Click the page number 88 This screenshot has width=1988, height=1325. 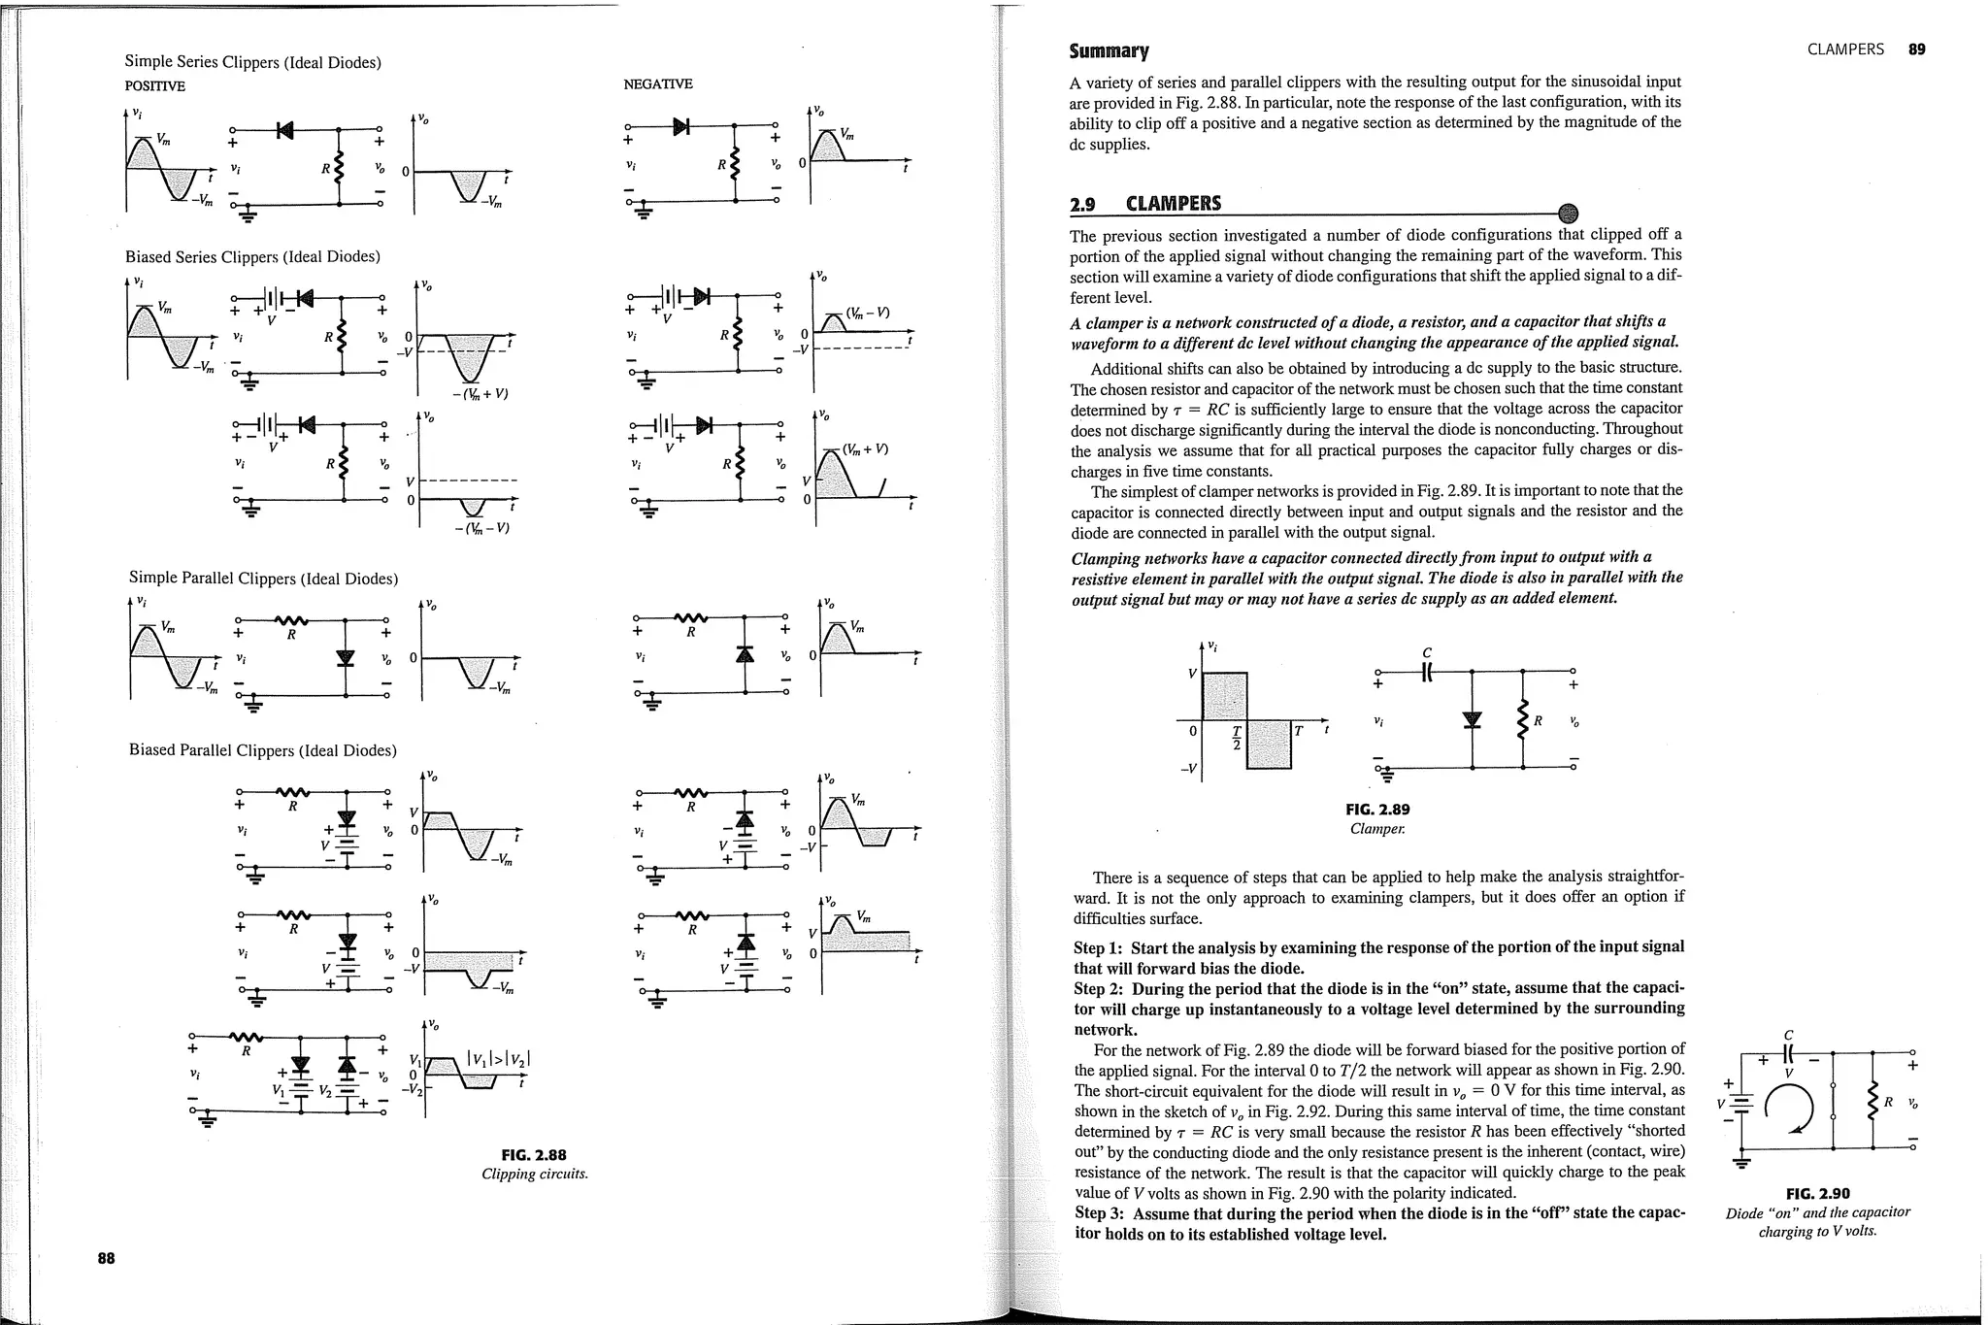coord(106,1258)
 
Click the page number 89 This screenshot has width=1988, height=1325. coord(1916,50)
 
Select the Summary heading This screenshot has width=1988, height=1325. coord(1109,50)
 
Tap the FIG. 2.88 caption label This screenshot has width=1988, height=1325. coord(534,1154)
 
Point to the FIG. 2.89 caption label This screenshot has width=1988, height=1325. coord(1377,809)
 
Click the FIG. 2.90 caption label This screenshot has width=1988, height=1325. coord(1817,1193)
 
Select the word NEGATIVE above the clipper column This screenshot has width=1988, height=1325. coord(657,84)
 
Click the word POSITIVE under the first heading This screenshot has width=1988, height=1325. coord(154,85)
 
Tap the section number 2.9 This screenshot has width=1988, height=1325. coord(1082,204)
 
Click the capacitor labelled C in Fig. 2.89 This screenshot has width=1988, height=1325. coord(1427,670)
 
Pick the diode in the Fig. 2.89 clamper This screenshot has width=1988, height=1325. coord(1473,719)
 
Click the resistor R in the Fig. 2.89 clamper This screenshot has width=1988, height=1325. coord(1523,719)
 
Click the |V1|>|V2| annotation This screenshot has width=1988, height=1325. coord(499,1059)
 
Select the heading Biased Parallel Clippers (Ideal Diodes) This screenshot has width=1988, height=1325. coord(263,750)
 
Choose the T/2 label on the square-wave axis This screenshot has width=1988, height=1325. coord(1237,737)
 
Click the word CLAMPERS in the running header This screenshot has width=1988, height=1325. coord(1845,50)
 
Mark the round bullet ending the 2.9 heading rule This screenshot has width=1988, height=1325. coord(1567,214)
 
